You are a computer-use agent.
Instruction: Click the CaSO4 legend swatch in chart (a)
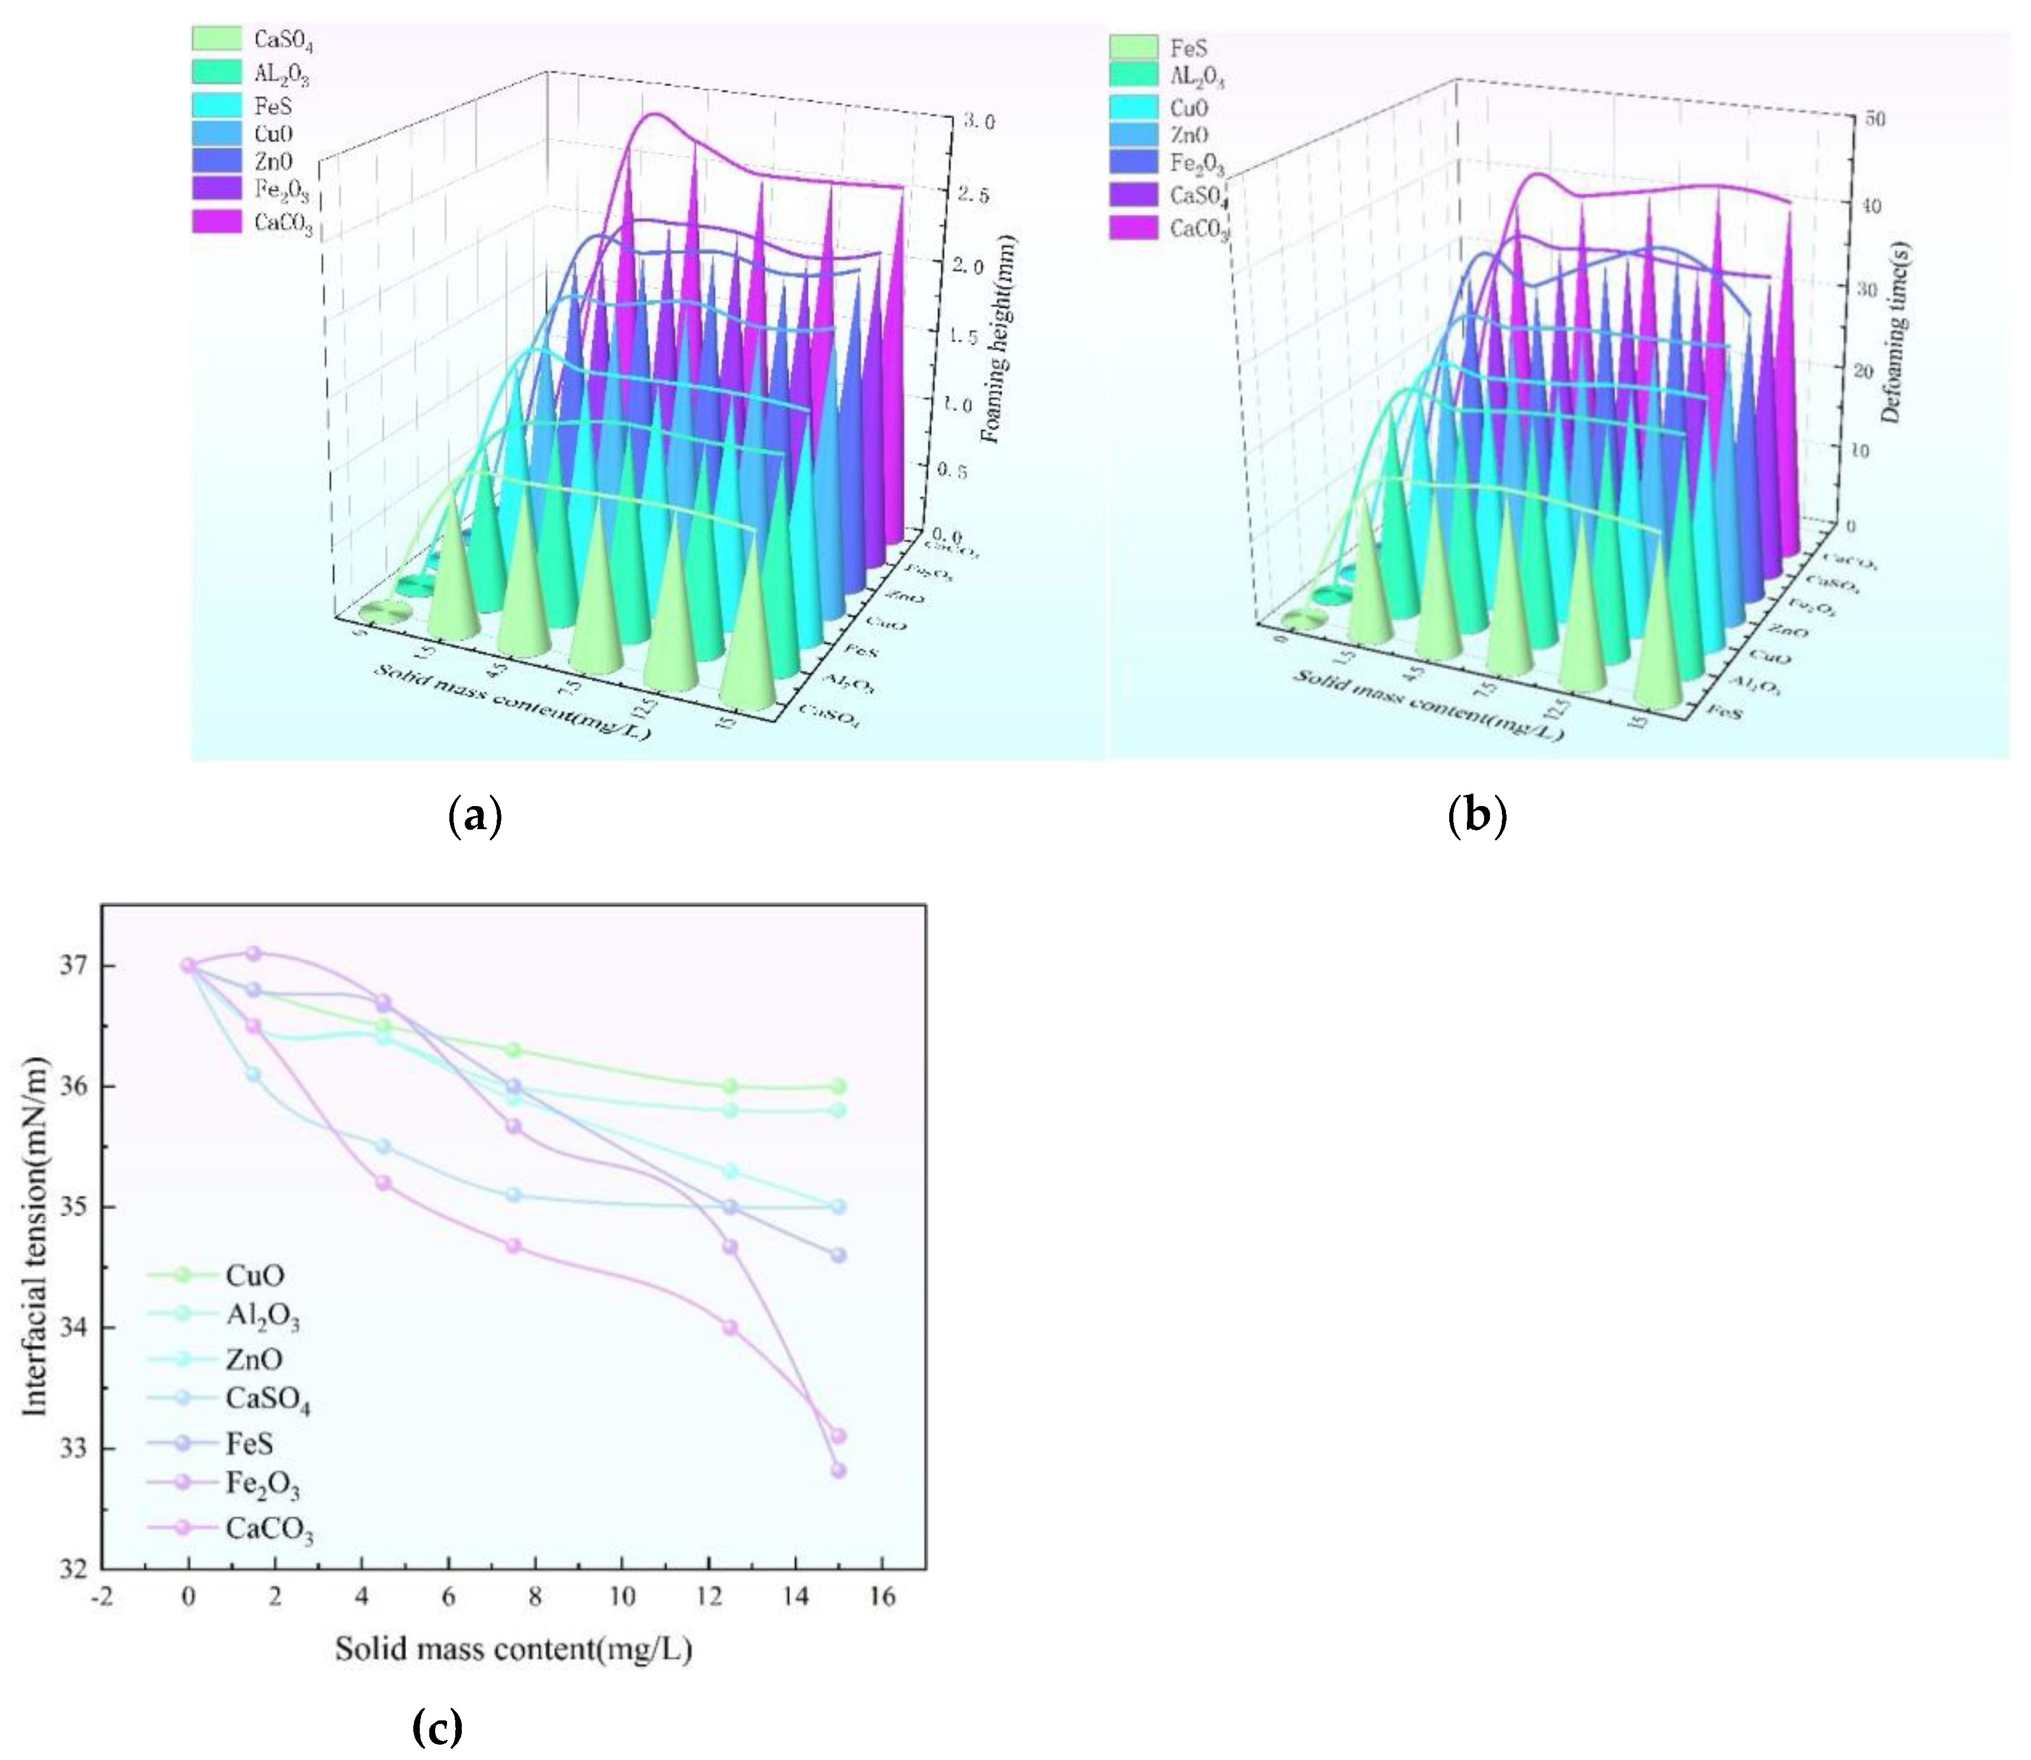(x=216, y=38)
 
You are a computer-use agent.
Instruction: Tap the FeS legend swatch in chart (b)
(x=1133, y=46)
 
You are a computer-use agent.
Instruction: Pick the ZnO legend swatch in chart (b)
(x=1133, y=135)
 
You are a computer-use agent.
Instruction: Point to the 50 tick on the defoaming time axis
(x=1874, y=118)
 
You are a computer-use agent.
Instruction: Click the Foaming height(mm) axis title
(x=999, y=339)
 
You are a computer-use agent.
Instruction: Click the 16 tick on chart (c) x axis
(x=882, y=1597)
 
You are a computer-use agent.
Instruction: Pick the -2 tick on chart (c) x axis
(x=102, y=1597)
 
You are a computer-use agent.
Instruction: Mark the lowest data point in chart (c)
(x=838, y=1470)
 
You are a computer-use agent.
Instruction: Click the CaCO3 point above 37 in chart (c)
(x=252, y=953)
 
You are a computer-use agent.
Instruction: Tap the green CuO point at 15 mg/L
(x=838, y=1086)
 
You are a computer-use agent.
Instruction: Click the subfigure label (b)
(x=1476, y=815)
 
